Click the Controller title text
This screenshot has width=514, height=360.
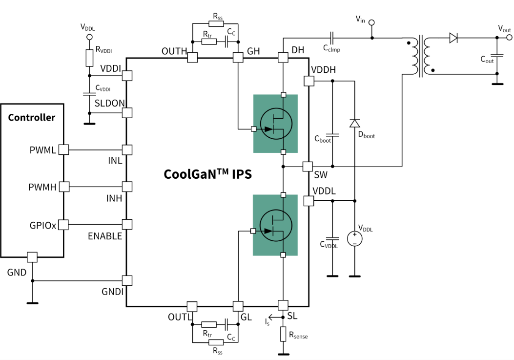click(32, 118)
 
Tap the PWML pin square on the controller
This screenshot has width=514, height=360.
click(63, 149)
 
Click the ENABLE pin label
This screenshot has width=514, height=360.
click(105, 236)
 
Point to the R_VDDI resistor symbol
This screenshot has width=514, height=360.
click(89, 58)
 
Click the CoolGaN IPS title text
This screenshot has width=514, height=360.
click(207, 174)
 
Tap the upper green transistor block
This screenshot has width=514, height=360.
click(275, 124)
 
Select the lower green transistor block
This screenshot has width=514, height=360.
click(275, 225)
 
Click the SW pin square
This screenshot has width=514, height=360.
click(308, 167)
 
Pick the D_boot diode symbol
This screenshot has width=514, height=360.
click(355, 124)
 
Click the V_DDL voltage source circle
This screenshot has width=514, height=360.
click(354, 238)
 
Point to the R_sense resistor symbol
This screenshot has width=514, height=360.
click(283, 335)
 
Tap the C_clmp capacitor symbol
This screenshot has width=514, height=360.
click(332, 38)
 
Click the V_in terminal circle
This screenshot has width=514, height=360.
click(372, 22)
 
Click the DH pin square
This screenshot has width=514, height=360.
click(283, 58)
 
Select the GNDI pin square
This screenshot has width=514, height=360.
click(127, 281)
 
